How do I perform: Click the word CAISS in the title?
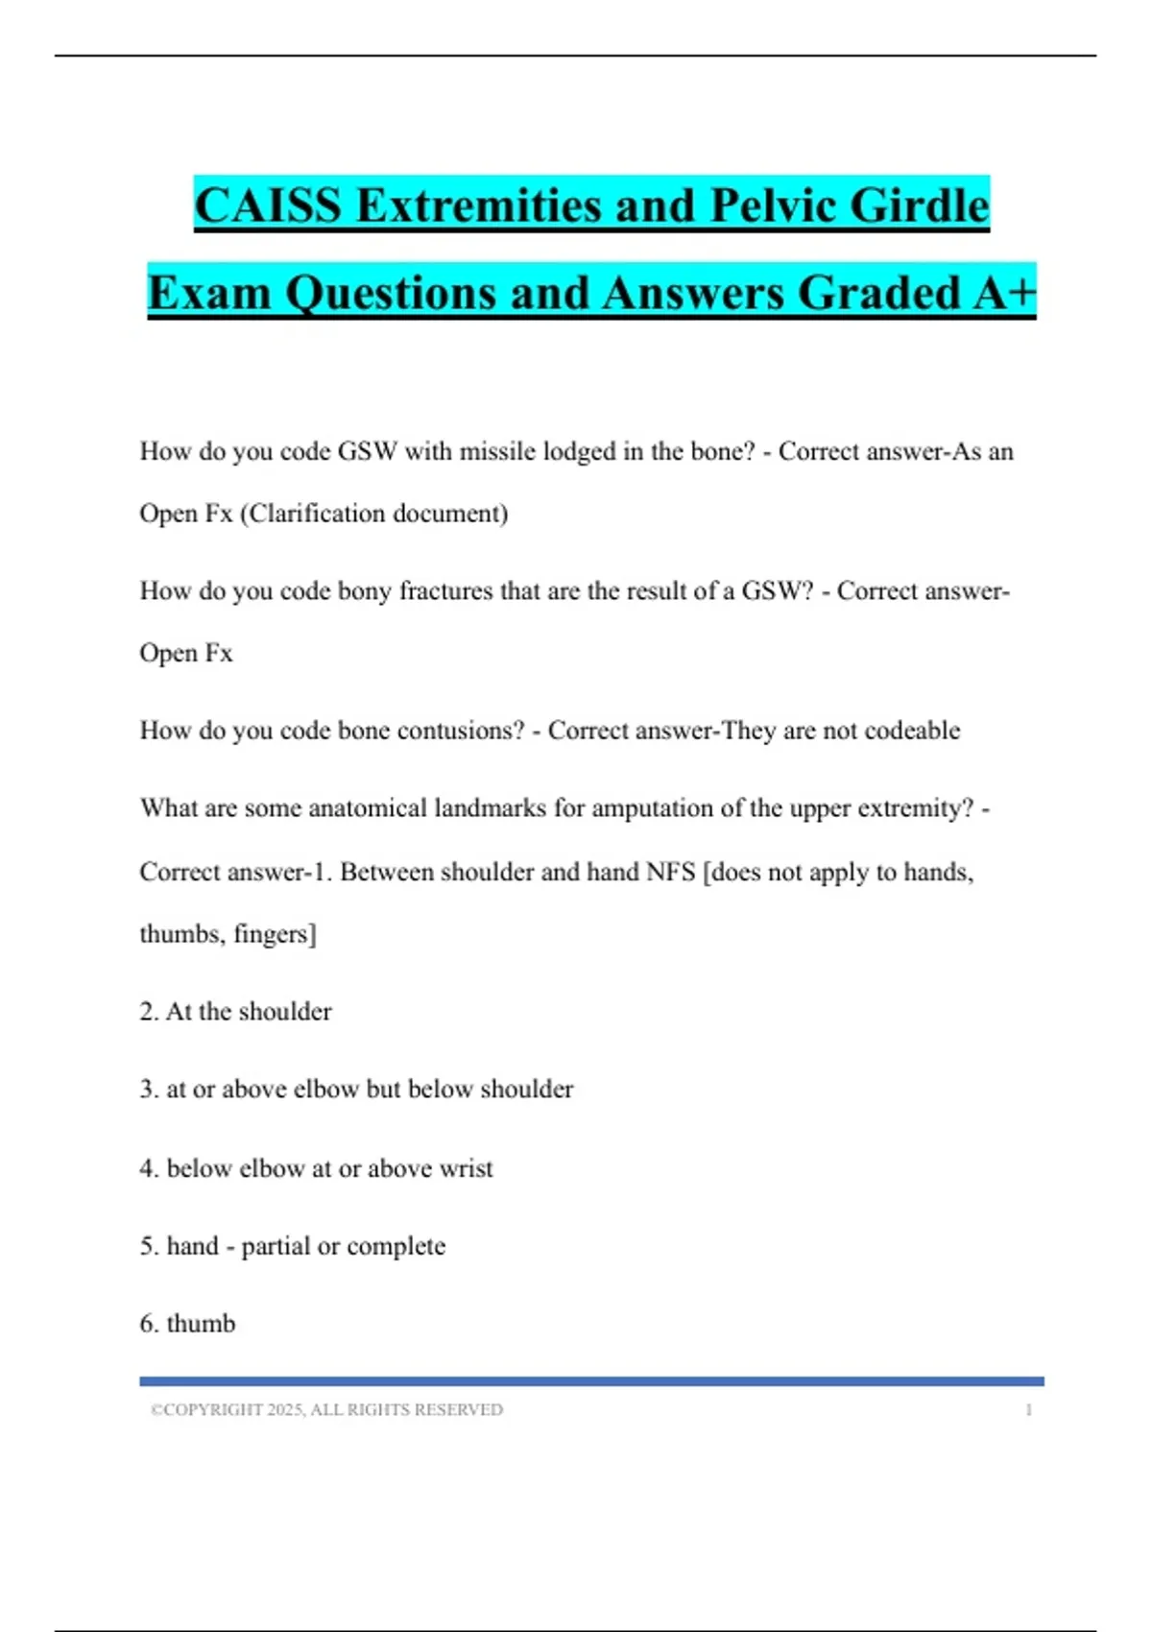pos(268,205)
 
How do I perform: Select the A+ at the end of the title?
pos(1004,292)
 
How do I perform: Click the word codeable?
pos(912,731)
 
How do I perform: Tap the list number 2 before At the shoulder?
pos(148,1012)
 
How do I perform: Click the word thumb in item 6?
pos(201,1324)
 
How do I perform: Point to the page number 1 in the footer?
pos(1029,1410)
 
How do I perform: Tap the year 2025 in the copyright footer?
pos(285,1410)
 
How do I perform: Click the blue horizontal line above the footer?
pos(591,1381)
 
